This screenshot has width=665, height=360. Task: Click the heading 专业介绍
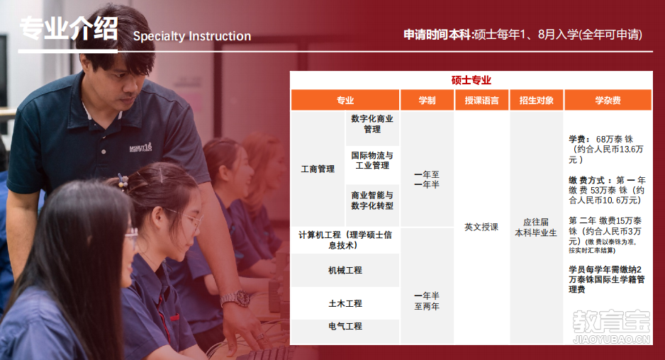(x=68, y=29)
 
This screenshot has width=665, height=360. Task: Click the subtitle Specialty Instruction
(x=192, y=36)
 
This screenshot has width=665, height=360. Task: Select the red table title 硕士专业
(x=471, y=80)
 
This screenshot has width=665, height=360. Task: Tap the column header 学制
(x=427, y=101)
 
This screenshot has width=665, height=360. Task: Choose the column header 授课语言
(x=481, y=101)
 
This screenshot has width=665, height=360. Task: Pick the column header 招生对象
(x=537, y=101)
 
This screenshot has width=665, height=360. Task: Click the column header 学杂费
(x=608, y=101)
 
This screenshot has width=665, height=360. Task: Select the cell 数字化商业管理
(x=372, y=124)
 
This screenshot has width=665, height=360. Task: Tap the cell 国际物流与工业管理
(x=372, y=160)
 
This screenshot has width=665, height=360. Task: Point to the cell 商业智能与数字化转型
(x=372, y=200)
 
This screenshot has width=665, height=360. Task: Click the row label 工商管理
(x=318, y=169)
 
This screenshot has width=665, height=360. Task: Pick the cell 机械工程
(x=345, y=270)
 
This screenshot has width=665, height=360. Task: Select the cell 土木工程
(x=345, y=303)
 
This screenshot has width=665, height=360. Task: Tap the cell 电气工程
(x=345, y=326)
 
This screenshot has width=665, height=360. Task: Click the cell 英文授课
(x=481, y=227)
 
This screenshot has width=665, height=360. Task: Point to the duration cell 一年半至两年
(x=427, y=301)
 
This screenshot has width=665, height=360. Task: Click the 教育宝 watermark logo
(x=611, y=327)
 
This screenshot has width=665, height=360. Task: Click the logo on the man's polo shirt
(x=140, y=147)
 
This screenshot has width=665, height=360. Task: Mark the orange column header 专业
(x=345, y=101)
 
